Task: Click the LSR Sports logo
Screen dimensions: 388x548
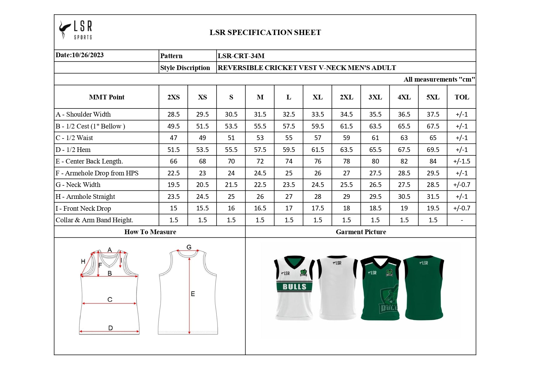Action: pos(76,30)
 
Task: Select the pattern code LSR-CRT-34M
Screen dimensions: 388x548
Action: pos(241,56)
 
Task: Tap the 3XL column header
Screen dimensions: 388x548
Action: pos(375,97)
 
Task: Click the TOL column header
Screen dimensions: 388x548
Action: pos(462,97)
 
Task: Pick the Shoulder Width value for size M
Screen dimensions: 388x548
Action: pos(260,114)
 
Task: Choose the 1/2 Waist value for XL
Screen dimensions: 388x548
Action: pos(317,138)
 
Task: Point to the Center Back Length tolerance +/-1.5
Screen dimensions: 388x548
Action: pos(461,161)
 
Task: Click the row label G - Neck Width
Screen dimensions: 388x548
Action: pos(78,185)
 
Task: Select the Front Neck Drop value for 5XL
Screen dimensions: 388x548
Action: pos(433,208)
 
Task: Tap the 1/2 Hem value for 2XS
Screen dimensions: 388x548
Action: pos(173,150)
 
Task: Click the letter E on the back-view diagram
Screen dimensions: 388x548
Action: pos(193,294)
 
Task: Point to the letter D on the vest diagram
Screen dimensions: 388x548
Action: pos(110,328)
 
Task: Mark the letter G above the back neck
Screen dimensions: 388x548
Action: pos(189,247)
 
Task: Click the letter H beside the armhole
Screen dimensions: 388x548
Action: pos(83,261)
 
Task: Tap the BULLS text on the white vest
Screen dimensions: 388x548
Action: pos(294,287)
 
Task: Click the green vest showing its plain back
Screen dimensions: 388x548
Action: pos(424,288)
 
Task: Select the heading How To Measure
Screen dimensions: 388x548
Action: pos(150,232)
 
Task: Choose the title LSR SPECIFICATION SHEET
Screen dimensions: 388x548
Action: pos(265,33)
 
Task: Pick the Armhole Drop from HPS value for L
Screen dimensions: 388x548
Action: pos(289,173)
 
